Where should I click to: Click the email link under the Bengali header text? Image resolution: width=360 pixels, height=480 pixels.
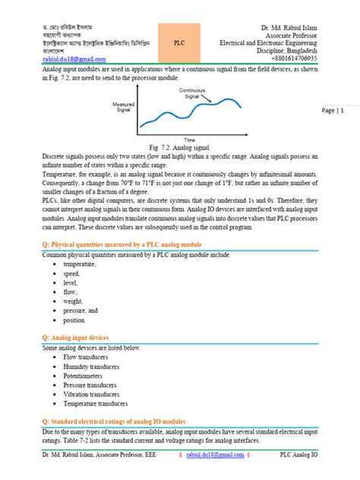pos(74,58)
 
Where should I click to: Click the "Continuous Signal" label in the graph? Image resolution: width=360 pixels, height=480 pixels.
pos(194,93)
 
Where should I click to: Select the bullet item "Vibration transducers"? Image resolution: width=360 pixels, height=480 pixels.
pos(97,395)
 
